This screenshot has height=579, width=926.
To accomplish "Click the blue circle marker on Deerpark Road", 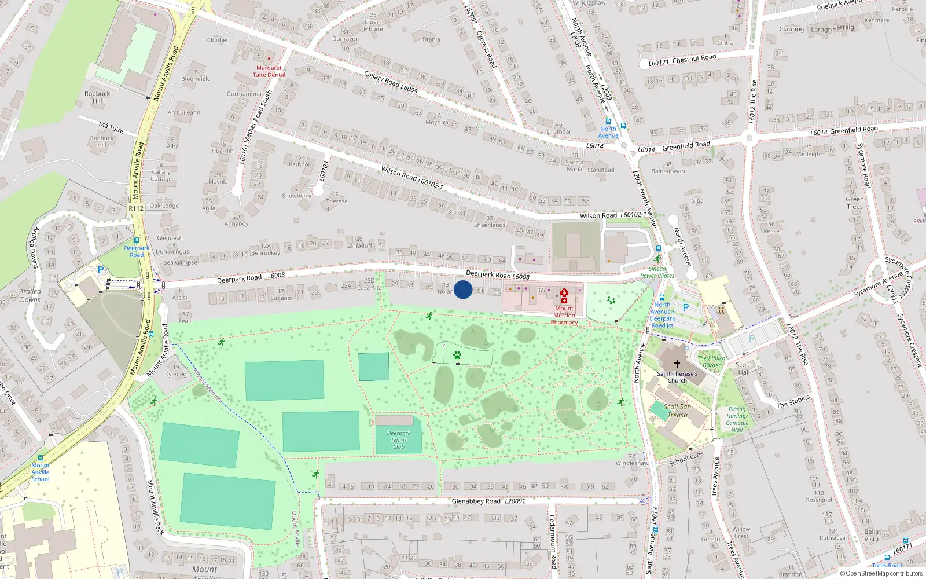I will click(x=463, y=289).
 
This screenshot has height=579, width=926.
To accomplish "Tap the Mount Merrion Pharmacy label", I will click(x=564, y=315).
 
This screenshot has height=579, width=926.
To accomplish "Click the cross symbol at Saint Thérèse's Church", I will click(x=677, y=364).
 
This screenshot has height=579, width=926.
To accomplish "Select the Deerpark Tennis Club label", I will click(x=399, y=440).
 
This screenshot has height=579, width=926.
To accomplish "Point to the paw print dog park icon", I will click(x=457, y=355).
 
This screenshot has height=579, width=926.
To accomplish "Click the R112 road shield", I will click(x=136, y=208).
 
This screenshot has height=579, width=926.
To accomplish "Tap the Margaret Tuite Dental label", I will click(x=269, y=71).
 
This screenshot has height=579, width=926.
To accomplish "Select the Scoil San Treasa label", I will click(x=677, y=411).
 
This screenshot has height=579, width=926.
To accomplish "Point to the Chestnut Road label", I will click(x=694, y=58).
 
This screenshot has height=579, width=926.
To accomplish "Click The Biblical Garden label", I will click(x=712, y=361).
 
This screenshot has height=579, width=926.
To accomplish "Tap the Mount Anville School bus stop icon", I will click(x=41, y=458).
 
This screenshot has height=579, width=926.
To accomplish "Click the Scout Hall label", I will click(x=744, y=368).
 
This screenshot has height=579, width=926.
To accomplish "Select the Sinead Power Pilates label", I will click(x=657, y=272).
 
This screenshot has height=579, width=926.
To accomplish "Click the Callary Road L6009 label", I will click(x=391, y=82).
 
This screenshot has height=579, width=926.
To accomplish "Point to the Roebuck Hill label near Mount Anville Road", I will click(x=97, y=97).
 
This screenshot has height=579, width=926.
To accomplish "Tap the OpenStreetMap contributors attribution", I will click(x=881, y=573).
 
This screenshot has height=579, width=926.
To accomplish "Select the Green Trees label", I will click(x=855, y=203).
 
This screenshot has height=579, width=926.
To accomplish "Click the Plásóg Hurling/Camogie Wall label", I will click(x=737, y=419).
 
